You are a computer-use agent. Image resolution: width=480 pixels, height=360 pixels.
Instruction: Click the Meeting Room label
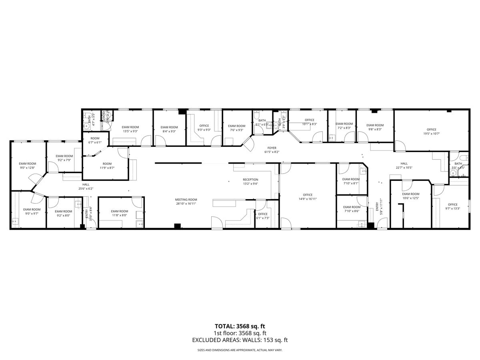[x=186, y=202]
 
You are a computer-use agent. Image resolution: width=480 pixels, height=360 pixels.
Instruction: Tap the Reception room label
[x=250, y=182]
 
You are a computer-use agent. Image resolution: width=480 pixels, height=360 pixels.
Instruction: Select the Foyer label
[x=272, y=150]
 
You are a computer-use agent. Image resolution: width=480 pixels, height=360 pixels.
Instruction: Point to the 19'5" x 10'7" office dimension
[x=431, y=134]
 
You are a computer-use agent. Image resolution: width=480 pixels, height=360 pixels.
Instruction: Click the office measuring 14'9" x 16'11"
[x=307, y=197]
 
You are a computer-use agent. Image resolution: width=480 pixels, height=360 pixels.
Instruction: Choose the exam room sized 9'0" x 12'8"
[x=27, y=166]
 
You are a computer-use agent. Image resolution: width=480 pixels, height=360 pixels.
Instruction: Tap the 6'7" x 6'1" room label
[x=95, y=140]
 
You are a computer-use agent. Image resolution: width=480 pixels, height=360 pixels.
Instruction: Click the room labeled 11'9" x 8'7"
[x=107, y=166]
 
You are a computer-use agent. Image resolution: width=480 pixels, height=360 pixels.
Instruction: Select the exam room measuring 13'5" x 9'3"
[x=130, y=129]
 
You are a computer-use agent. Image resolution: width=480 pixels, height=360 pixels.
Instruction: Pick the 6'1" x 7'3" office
[x=262, y=216]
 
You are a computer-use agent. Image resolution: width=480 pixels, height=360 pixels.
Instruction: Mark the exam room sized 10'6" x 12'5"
[x=410, y=196]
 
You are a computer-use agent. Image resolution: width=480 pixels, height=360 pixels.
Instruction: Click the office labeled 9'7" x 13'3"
[x=452, y=206]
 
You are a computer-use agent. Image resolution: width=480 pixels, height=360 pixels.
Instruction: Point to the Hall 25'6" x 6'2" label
[x=86, y=186]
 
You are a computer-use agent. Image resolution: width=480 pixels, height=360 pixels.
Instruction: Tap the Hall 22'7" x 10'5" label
[x=404, y=166]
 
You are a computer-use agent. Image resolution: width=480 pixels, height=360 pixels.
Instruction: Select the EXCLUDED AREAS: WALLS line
[x=240, y=340]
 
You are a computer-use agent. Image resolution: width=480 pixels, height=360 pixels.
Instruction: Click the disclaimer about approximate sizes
[x=240, y=350]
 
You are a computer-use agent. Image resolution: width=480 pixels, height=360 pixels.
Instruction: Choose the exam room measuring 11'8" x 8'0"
[x=119, y=213]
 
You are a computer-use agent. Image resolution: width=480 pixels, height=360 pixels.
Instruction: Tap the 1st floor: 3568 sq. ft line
[x=240, y=333]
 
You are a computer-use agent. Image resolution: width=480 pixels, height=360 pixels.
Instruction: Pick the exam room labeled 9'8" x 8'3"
[x=375, y=127]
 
